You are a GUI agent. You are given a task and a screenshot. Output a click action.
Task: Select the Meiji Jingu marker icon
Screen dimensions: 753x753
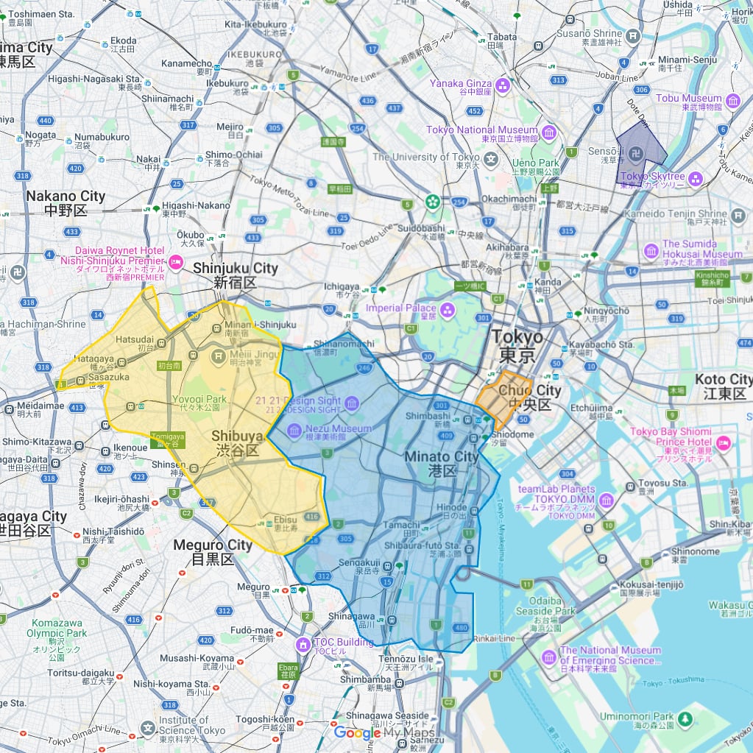pos(218,357)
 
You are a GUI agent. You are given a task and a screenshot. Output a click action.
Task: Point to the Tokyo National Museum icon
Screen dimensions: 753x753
pos(549,133)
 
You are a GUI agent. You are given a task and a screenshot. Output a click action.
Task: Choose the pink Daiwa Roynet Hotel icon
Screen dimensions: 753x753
pos(176,261)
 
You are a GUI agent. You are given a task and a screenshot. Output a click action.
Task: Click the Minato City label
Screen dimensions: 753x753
pos(441,464)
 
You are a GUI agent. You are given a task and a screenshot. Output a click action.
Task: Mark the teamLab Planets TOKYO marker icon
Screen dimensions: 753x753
pos(607,501)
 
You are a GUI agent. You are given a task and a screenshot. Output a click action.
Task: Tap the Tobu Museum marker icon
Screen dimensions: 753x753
pos(732,102)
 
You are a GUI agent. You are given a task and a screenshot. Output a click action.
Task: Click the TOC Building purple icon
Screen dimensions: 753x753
pos(302,646)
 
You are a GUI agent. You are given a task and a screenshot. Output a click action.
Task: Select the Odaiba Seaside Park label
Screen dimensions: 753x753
pos(545,606)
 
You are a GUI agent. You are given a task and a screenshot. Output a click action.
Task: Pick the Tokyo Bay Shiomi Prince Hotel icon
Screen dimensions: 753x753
pos(722,443)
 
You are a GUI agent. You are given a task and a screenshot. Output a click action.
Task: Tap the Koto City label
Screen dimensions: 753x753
pos(724,386)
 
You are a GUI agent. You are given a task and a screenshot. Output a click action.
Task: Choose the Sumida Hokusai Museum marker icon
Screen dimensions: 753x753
pos(651,251)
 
